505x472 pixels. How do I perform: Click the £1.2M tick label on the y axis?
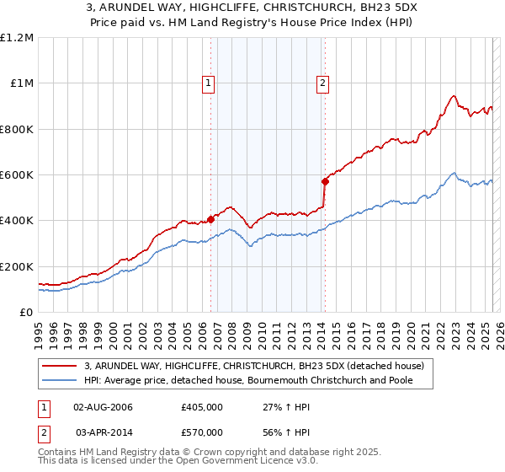click(17, 38)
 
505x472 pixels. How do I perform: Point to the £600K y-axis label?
click(17, 175)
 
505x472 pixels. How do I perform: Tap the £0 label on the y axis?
click(28, 313)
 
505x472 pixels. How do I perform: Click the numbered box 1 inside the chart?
click(207, 83)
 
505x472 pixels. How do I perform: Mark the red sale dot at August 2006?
click(210, 219)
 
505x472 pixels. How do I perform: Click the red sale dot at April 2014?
click(325, 181)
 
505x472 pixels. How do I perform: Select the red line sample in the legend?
click(61, 366)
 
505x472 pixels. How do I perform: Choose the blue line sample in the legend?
click(61, 381)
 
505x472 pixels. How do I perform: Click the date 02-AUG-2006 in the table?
click(104, 407)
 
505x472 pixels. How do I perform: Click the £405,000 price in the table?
click(202, 407)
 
